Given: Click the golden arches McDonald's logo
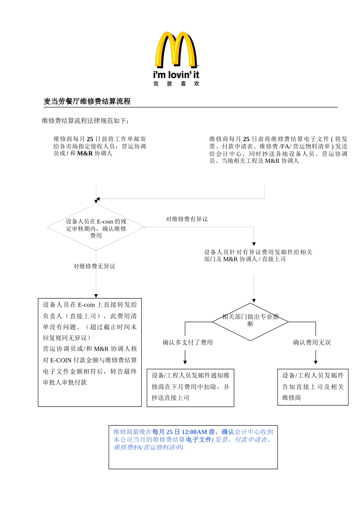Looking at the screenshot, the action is [x=176, y=50].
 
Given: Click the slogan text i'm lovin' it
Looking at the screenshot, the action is [x=176, y=75].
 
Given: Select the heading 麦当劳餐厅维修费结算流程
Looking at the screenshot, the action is [x=87, y=101].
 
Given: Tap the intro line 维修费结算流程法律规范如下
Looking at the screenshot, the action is [x=85, y=121].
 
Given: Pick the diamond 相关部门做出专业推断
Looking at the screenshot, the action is [x=250, y=322].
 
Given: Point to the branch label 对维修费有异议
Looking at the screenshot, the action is [x=187, y=219].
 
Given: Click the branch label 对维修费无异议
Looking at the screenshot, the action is [x=94, y=266].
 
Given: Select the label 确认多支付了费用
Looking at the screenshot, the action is [x=188, y=342].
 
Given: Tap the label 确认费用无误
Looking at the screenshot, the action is [x=312, y=342].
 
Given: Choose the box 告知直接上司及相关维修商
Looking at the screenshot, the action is [x=313, y=387].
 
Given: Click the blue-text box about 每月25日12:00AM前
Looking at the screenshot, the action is [x=193, y=447].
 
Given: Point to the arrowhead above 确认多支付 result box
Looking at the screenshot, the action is [x=185, y=362].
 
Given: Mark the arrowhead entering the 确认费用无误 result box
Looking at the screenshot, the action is [x=316, y=362].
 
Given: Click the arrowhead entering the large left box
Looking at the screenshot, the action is [x=96, y=296].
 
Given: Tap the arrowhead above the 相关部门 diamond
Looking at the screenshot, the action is [x=254, y=301].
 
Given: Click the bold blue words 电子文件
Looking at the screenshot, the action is [x=199, y=440].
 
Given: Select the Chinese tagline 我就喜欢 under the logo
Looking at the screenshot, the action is [x=176, y=84].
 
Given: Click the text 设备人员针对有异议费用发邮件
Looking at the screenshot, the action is [x=258, y=256].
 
